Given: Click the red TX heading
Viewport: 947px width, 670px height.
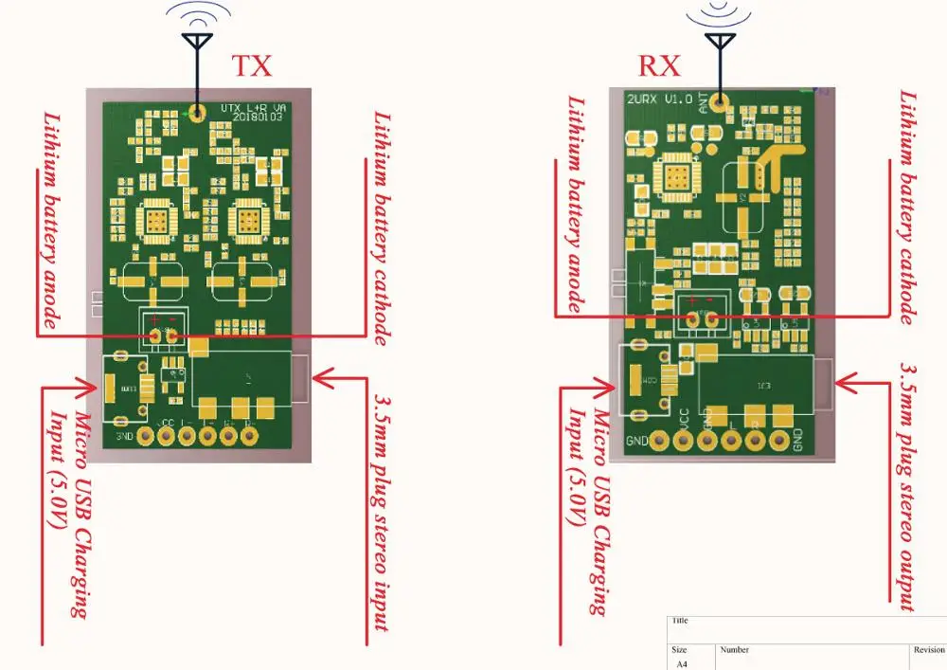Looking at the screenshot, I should click(x=252, y=65).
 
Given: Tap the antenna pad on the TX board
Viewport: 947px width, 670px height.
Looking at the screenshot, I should click(x=197, y=114).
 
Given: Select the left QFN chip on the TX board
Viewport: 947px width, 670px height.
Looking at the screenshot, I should click(x=156, y=221).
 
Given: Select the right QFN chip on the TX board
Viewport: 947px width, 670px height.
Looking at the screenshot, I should click(x=245, y=221).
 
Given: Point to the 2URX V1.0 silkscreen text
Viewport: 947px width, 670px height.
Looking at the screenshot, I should click(x=659, y=99).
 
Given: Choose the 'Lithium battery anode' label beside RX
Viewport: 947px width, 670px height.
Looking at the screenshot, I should click(x=575, y=203).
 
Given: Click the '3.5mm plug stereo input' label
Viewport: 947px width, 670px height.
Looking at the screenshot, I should click(x=382, y=512).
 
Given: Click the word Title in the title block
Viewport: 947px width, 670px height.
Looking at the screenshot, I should click(x=679, y=621).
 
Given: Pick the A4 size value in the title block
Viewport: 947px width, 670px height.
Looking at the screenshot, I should click(x=681, y=664).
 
